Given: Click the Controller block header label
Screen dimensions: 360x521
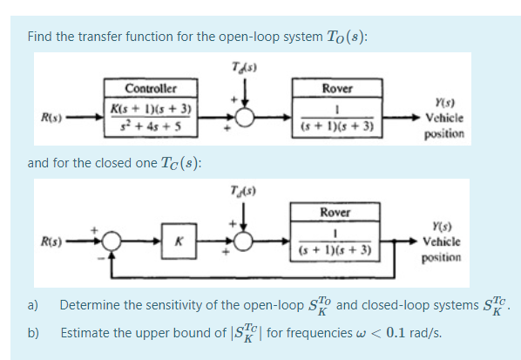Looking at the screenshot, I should [151, 88].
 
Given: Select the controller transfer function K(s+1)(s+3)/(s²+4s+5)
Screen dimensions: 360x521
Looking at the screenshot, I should [151, 116].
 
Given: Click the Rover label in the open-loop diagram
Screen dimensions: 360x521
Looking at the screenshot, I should [336, 88].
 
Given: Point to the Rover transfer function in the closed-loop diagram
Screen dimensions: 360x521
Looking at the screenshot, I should [335, 243].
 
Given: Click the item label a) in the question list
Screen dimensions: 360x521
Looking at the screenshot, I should [32, 305].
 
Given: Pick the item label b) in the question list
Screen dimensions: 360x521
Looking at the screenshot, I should [32, 331].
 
